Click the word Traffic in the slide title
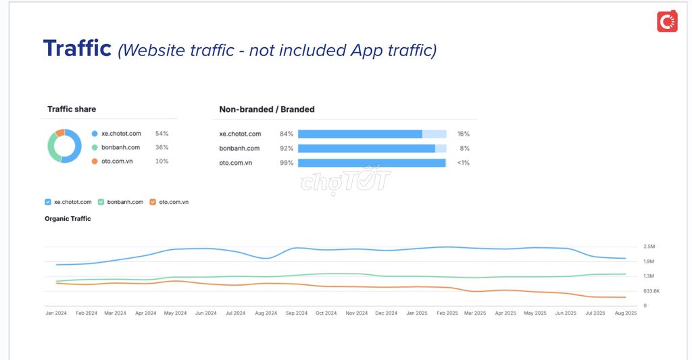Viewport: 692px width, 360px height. pos(77,49)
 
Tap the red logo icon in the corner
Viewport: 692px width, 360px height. pos(667,22)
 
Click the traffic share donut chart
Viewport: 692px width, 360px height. pos(64,146)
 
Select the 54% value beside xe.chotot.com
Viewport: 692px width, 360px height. pos(162,134)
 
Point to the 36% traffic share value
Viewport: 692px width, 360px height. pos(162,147)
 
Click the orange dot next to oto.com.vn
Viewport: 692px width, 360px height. pos(95,161)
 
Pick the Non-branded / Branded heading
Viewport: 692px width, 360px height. pos(267,109)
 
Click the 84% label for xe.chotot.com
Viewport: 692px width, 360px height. pos(287,134)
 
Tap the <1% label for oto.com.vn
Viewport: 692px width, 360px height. pos(463,163)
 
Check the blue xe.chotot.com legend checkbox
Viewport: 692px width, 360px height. pos(48,202)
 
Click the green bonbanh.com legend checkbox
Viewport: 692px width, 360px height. pos(101,202)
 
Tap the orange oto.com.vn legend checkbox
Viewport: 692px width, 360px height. pos(153,202)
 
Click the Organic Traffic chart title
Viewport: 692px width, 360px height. pos(68,219)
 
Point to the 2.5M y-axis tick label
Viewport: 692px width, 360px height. pos(649,247)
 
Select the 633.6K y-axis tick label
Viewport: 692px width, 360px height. pos(651,291)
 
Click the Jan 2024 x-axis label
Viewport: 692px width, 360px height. pos(57,313)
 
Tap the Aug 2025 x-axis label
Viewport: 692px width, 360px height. pos(626,313)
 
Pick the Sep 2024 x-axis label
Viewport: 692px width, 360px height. pos(297,313)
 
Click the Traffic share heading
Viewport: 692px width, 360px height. pos(72,109)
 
